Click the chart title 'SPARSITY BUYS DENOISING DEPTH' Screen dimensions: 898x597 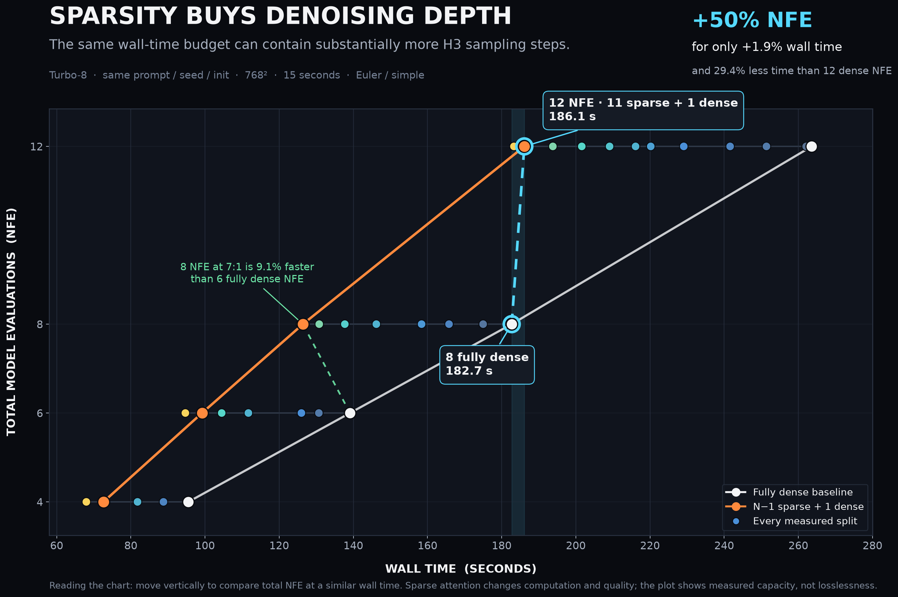coord(280,16)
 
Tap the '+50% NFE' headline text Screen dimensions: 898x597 coord(752,20)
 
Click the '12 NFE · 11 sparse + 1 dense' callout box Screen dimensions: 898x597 coord(643,110)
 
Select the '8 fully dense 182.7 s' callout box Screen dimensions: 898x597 coord(487,365)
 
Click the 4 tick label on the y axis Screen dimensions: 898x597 coord(40,502)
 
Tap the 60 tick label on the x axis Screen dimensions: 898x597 coord(57,546)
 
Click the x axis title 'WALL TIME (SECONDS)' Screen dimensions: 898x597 coord(461,569)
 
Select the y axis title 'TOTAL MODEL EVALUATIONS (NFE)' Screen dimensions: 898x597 coord(11,322)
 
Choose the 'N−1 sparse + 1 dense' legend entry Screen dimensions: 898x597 coord(794,506)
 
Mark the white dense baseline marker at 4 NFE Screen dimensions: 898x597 coord(189,502)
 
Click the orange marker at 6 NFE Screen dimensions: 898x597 coord(202,413)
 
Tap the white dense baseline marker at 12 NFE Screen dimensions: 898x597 coord(812,147)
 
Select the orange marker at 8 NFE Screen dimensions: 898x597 coord(303,324)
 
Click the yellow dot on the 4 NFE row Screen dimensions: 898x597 coord(86,502)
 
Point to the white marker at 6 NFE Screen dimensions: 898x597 coord(350,413)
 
